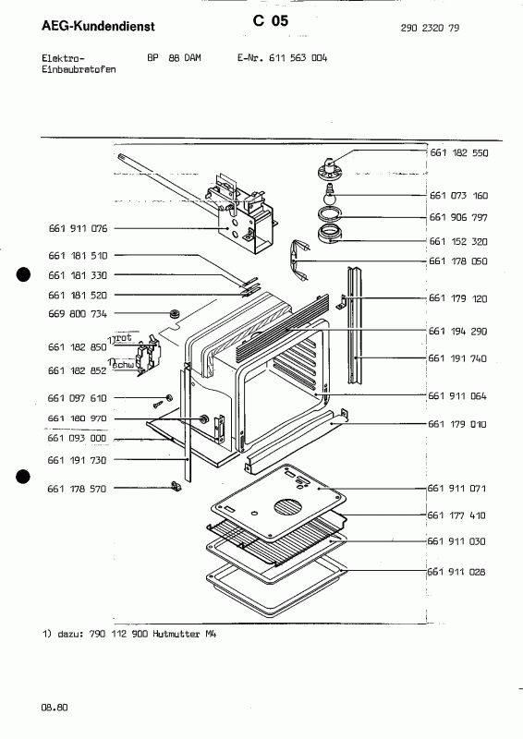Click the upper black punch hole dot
(x=24, y=274)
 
